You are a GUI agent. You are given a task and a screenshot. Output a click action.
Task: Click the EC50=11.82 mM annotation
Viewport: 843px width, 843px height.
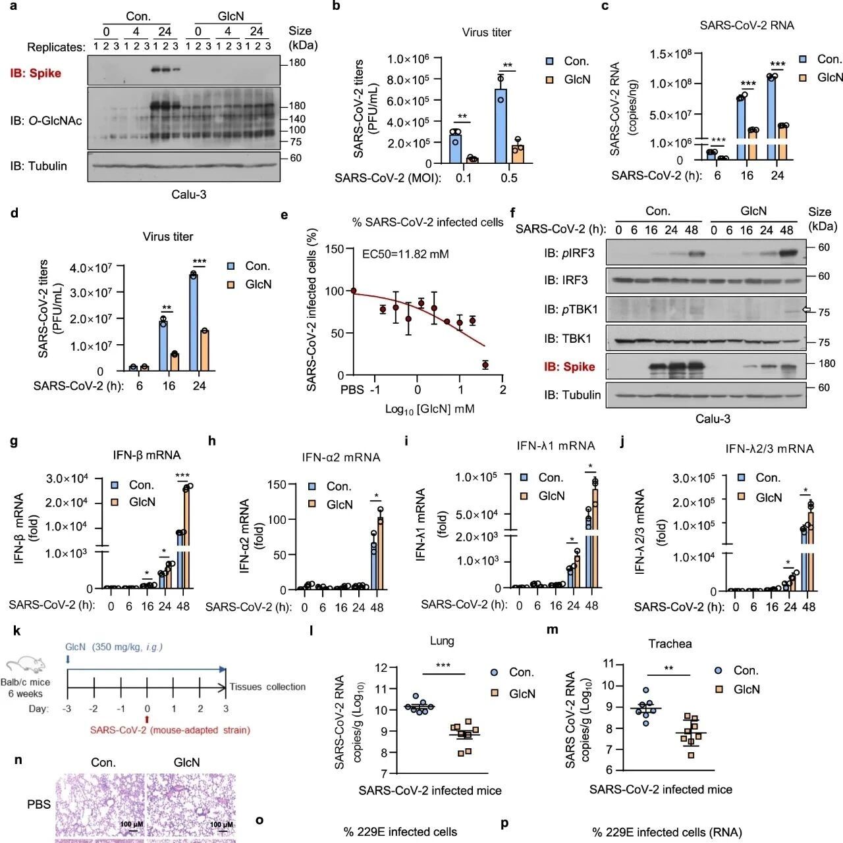pyautogui.click(x=406, y=254)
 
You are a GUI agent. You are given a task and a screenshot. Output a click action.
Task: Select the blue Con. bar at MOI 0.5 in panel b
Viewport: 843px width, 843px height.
pyautogui.click(x=501, y=126)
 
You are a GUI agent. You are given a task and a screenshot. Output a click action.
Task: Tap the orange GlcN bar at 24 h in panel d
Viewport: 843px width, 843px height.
pyautogui.click(x=204, y=350)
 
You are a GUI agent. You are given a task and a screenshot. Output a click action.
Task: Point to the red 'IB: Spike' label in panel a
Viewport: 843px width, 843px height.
pyautogui.click(x=36, y=73)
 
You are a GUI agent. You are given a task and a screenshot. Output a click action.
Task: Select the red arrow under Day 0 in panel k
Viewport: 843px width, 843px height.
pyautogui.click(x=147, y=719)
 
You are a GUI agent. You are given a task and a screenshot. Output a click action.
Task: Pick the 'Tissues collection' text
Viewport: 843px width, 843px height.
pyautogui.click(x=267, y=686)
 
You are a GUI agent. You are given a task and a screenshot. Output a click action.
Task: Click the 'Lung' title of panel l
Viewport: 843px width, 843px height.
pyautogui.click(x=442, y=640)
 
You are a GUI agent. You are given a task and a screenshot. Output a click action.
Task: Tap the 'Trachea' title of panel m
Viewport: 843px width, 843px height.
pyautogui.click(x=670, y=644)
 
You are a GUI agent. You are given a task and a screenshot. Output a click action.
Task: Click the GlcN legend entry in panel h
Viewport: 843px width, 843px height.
pyautogui.click(x=331, y=504)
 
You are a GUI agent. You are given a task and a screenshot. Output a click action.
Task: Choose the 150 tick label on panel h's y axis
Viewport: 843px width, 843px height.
pyautogui.click(x=277, y=484)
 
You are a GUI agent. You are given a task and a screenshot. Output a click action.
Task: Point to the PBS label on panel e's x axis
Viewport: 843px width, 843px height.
pyautogui.click(x=352, y=390)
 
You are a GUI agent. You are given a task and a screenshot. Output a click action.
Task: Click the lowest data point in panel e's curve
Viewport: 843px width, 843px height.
pyautogui.click(x=485, y=365)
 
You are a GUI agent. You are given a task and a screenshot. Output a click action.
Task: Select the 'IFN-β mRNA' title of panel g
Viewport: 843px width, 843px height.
pyautogui.click(x=147, y=455)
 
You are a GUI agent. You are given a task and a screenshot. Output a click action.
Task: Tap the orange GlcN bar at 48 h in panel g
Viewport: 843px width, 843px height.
pyautogui.click(x=187, y=538)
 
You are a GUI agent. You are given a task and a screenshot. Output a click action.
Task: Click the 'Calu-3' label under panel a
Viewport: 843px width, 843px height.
pyautogui.click(x=189, y=194)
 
